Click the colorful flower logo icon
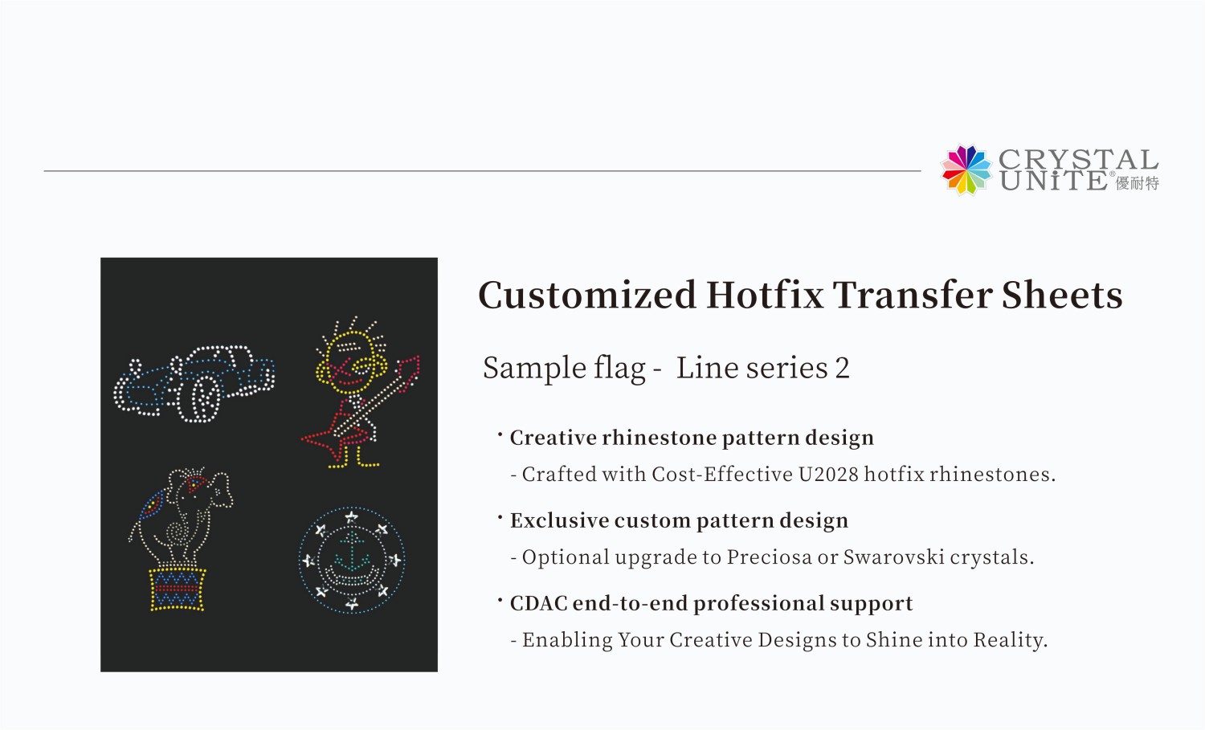pos(966,169)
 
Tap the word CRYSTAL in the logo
pos(1078,159)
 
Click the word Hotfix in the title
pos(764,295)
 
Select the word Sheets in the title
pos(1062,295)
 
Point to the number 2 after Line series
pos(842,368)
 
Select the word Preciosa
pos(769,557)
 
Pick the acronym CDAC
pos(538,603)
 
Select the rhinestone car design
pos(194,382)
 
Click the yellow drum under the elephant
pos(178,589)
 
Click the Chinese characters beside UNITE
pos(1137,183)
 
